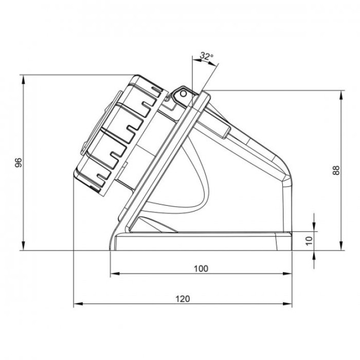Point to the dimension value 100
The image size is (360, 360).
coord(201,268)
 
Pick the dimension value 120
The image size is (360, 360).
coord(183,299)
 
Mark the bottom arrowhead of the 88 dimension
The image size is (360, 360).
coord(342,247)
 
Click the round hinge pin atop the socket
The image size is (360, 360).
coord(181,94)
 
